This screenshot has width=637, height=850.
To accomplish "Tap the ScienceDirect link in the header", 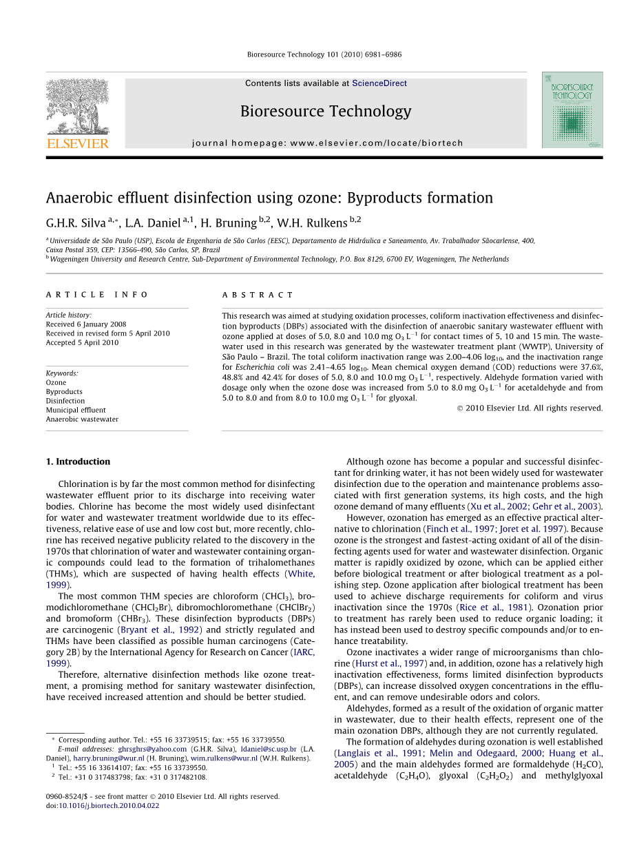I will (379, 83).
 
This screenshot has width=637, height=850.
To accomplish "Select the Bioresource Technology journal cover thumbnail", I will (572, 110).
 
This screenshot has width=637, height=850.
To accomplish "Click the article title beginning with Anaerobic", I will (269, 198).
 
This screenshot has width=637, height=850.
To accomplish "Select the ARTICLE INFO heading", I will (97, 295).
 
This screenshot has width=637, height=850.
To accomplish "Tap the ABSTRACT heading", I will (258, 295).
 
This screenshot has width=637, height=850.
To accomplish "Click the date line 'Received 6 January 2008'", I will (86, 324).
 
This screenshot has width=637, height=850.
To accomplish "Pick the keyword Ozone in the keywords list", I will (56, 383).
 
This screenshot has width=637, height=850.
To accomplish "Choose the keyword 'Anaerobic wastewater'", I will (82, 419).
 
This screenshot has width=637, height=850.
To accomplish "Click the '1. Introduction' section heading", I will (78, 462).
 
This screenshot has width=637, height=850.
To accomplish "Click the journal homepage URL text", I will (327, 143).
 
